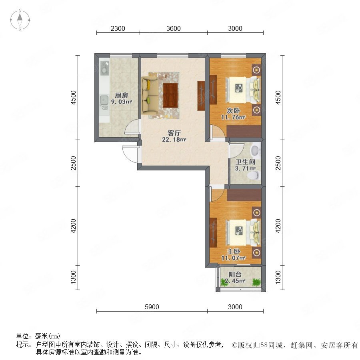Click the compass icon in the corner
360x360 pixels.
20,20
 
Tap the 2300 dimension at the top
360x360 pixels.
118,28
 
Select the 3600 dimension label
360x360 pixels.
173,28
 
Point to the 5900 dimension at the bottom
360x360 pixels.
152,307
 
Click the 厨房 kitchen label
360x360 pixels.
121,95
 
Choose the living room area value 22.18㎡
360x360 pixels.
174,139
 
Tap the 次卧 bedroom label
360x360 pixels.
233,110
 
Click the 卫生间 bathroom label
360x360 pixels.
246,162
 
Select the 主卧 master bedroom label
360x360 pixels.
233,252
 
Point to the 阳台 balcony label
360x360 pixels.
235,274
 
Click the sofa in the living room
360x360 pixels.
150,95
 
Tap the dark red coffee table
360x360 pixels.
170,95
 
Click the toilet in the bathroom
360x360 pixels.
254,175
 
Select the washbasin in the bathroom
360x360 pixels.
255,150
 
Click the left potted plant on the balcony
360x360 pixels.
224,282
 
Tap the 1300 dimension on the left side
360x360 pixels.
74,277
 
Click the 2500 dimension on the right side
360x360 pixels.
278,163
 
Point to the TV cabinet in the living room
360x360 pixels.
201,96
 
